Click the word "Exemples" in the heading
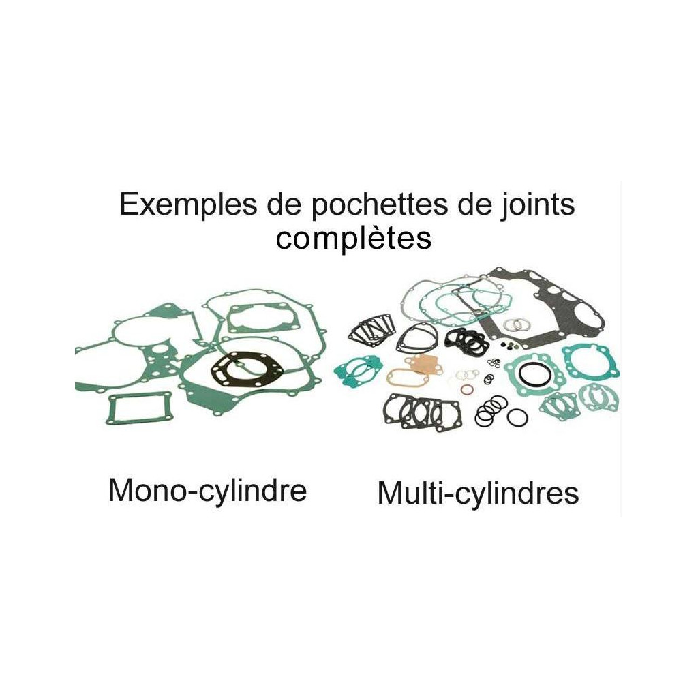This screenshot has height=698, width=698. [x=188, y=205]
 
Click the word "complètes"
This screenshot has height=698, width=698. [x=354, y=239]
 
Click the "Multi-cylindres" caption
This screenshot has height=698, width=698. [x=478, y=494]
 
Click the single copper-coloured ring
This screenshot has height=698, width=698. [x=466, y=391]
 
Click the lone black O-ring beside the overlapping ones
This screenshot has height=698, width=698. [x=517, y=418]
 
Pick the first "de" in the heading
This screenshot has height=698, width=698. [x=284, y=205]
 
